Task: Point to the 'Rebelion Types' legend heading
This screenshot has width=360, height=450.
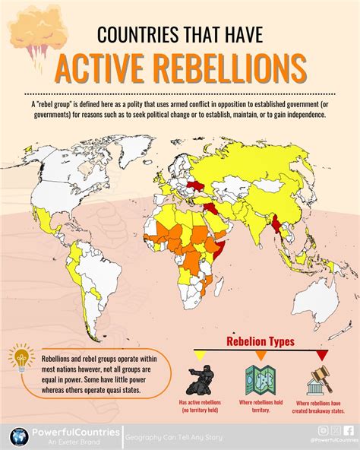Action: [x=261, y=341]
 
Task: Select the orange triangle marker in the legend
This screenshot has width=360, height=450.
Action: [x=261, y=355]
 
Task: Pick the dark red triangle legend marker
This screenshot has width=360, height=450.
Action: [x=321, y=355]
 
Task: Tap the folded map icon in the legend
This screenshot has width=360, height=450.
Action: [x=261, y=378]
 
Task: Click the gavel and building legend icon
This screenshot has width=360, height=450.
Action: [x=320, y=378]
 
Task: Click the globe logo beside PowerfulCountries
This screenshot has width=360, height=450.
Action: [x=19, y=436]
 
